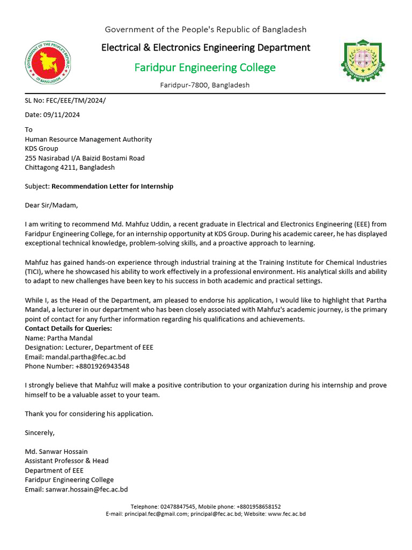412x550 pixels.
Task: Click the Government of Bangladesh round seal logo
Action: pyautogui.click(x=48, y=63)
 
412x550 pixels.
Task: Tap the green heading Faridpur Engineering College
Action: pyautogui.click(x=205, y=68)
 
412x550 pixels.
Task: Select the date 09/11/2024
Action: pyautogui.click(x=61, y=114)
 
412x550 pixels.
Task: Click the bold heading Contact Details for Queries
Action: pyautogui.click(x=69, y=329)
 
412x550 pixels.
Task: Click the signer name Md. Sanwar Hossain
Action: pyautogui.click(x=56, y=451)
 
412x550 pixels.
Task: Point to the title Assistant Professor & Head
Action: pyautogui.click(x=67, y=461)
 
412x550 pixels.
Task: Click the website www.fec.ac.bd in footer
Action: pyautogui.click(x=286, y=514)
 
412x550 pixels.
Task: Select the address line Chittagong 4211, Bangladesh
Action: pyautogui.click(x=70, y=168)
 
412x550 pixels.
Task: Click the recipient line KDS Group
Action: pyautogui.click(x=42, y=149)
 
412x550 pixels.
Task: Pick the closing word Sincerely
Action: pyautogui.click(x=40, y=432)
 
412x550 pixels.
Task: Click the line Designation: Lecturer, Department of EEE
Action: pyautogui.click(x=89, y=348)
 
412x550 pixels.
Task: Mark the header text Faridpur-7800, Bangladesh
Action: pyautogui.click(x=205, y=85)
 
